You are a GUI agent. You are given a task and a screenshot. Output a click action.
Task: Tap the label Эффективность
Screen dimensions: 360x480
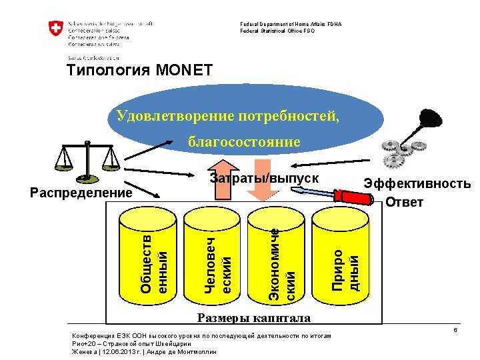click(x=417, y=185)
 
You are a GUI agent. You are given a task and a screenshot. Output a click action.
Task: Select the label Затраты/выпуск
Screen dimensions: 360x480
click(x=265, y=179)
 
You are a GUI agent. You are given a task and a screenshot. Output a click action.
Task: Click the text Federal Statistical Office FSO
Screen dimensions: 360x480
click(x=277, y=31)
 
